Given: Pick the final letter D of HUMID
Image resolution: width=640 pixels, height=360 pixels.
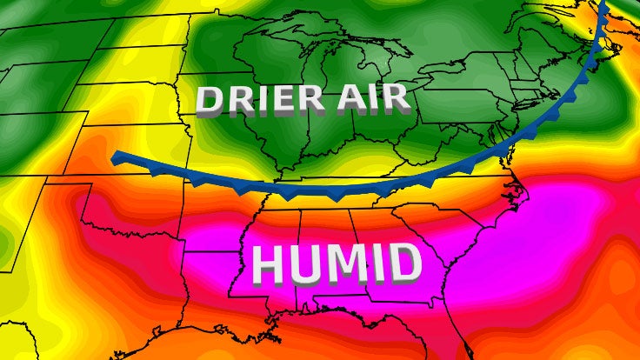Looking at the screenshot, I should [x=404, y=263].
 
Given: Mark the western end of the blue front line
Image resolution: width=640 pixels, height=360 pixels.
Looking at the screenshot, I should [x=117, y=157].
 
